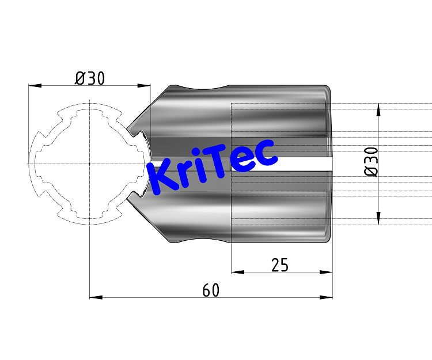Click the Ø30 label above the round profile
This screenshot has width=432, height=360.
(x=90, y=78)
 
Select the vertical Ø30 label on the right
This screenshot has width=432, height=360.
(x=372, y=161)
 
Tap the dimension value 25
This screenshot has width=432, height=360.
(x=279, y=264)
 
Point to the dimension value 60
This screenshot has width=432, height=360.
(x=211, y=290)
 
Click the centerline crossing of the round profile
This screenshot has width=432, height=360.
(x=90, y=164)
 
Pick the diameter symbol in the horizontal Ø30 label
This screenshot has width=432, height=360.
(x=80, y=78)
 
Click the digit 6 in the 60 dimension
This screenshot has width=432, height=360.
(x=206, y=290)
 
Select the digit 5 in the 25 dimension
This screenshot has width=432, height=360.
(x=284, y=264)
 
